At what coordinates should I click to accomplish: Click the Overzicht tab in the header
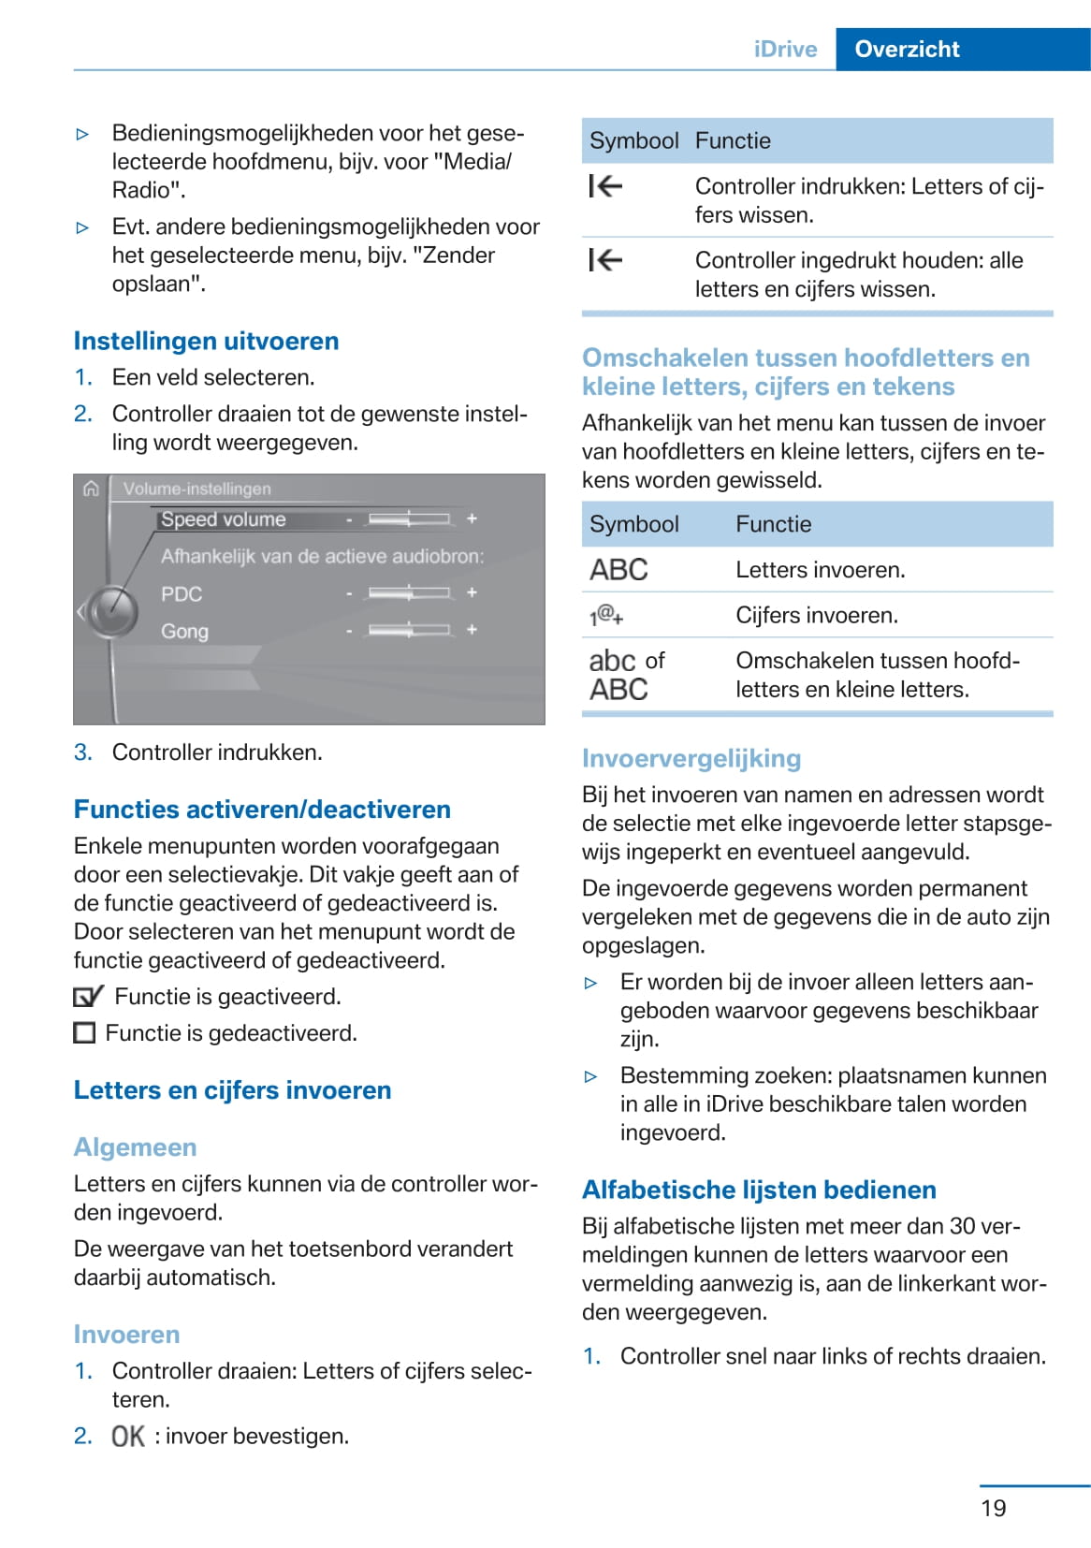(x=907, y=50)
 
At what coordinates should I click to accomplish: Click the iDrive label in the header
(x=785, y=50)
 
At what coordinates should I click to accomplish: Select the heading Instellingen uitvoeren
(x=206, y=341)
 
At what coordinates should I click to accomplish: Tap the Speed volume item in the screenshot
(x=224, y=519)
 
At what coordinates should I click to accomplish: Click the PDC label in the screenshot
(x=182, y=594)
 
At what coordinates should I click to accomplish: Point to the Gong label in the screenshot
(x=184, y=632)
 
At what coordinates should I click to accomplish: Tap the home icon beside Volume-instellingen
(x=91, y=489)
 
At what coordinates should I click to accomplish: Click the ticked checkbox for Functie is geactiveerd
(x=88, y=997)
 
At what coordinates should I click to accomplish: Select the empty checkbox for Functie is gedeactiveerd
(x=84, y=1033)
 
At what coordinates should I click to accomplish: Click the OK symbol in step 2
(x=128, y=1437)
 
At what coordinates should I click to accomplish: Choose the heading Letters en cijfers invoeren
(x=232, y=1090)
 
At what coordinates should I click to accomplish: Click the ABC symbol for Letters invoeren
(x=618, y=570)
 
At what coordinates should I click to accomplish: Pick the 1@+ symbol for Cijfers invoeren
(x=606, y=615)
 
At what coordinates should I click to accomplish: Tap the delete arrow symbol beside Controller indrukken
(x=605, y=187)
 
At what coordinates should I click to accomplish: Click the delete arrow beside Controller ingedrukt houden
(x=605, y=260)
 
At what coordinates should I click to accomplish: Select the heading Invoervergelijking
(x=691, y=758)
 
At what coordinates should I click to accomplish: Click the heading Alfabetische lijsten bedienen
(x=759, y=1190)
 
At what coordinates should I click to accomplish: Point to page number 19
(x=994, y=1508)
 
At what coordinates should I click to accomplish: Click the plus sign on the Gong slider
(x=472, y=630)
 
